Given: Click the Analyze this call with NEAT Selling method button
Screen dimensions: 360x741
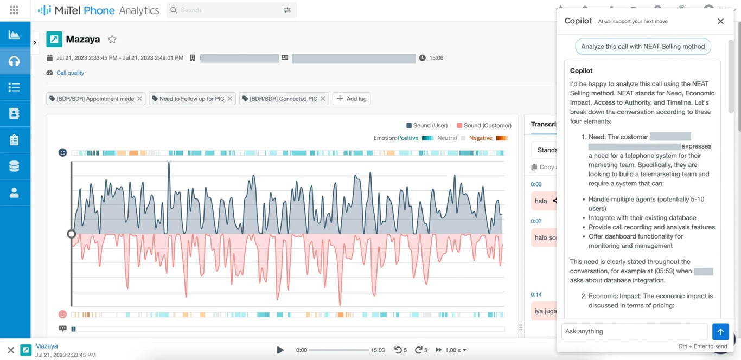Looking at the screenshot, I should tap(643, 47).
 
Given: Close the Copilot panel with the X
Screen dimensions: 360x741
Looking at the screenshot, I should tap(720, 21).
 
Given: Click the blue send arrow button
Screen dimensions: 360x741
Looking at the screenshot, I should tap(720, 331).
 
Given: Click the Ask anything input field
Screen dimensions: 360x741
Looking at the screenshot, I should tap(634, 331).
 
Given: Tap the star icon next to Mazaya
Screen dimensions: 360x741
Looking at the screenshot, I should tap(112, 40).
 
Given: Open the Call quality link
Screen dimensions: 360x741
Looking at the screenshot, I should tap(70, 73).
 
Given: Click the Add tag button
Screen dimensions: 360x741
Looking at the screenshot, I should tap(352, 99).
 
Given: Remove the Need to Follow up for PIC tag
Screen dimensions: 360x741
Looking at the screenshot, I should tap(230, 99).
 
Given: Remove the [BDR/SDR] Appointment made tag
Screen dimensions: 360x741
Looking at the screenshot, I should tap(139, 99).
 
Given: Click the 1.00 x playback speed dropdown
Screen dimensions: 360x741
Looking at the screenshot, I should tap(455, 350).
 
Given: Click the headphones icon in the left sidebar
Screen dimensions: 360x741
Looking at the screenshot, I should tap(15, 61).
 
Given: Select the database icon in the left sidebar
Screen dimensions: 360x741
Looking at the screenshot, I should tap(15, 166).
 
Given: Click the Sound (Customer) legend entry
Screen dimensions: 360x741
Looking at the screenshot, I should tap(484, 125).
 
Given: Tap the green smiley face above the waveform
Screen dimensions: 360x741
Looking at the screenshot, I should tap(62, 153).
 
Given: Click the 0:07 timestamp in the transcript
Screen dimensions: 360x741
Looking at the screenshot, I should tap(536, 221).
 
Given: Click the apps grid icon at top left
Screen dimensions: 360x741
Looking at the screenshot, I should tap(14, 10).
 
